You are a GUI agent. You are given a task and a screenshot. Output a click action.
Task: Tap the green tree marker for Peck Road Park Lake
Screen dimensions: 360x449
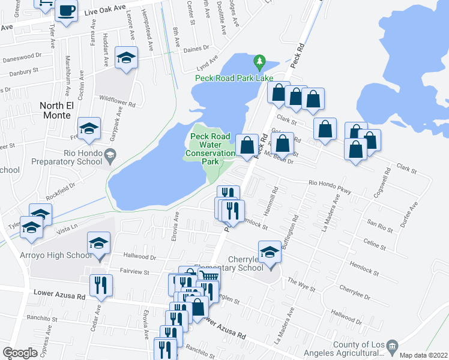click(x=259, y=61)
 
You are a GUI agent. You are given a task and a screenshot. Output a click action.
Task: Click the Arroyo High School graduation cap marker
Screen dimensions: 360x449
click(x=98, y=244)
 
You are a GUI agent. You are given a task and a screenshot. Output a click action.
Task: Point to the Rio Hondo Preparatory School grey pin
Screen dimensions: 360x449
click(x=109, y=157)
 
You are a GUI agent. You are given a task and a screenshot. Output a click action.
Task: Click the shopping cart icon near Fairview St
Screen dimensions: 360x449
click(x=207, y=275)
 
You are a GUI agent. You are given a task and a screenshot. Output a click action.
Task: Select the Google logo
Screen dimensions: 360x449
click(x=20, y=353)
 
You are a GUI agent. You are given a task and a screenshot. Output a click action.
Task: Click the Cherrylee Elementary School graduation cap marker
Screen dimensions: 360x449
click(x=270, y=253)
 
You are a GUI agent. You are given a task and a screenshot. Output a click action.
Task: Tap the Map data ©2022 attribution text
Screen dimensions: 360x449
click(x=424, y=355)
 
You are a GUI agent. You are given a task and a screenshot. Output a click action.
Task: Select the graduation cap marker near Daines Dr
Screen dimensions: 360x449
click(x=126, y=58)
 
